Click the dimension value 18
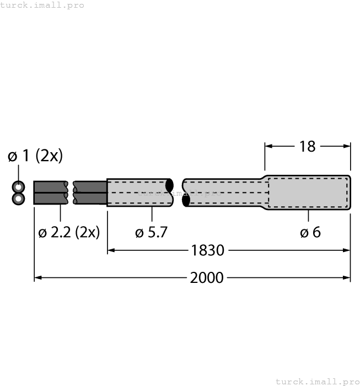click(307, 146)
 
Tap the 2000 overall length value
click(207, 277)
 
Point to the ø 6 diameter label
click(310, 232)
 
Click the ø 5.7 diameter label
click(151, 232)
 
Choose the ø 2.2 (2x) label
click(69, 232)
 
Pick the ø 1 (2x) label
click(35, 156)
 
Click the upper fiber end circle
click(19, 186)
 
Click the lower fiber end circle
click(19, 198)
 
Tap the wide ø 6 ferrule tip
click(309, 192)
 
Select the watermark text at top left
click(42, 5)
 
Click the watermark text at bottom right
click(317, 381)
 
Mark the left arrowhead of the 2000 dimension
click(37, 277)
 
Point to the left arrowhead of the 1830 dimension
click(110, 250)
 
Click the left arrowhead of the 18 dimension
click(268, 146)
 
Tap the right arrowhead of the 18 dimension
click(347, 146)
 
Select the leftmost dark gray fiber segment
click(51, 192)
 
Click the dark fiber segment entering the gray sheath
click(90, 192)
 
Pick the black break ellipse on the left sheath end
click(170, 185)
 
